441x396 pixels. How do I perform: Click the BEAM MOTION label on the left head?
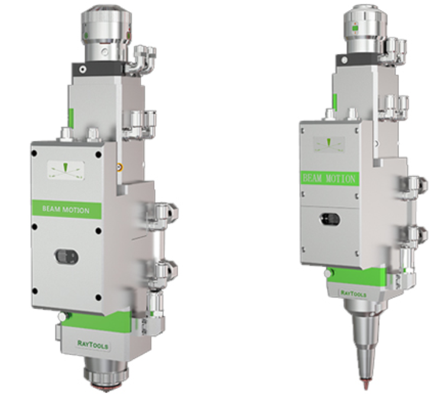(x=66, y=210)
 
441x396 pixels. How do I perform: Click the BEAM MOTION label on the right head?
(x=329, y=178)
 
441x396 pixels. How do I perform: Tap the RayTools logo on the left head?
(x=93, y=344)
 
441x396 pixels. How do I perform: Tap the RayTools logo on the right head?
(x=354, y=294)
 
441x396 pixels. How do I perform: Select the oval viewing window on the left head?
(x=66, y=257)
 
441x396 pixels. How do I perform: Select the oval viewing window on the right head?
(x=330, y=219)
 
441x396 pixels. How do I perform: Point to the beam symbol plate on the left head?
(x=66, y=170)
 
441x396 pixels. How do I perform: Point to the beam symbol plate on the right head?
(x=329, y=144)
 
